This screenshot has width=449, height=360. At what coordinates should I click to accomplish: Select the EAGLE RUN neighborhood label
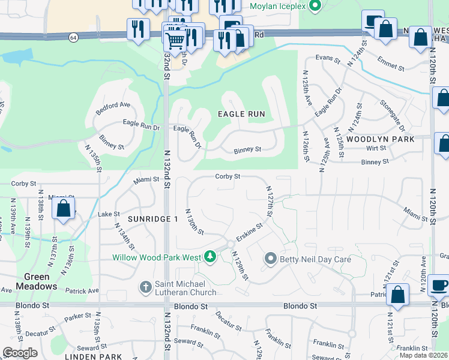(241, 114)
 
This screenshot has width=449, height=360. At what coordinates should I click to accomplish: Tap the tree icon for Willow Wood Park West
(209, 257)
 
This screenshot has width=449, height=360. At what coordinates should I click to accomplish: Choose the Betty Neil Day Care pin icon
(270, 259)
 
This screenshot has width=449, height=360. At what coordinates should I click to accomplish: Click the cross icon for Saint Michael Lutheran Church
(145, 287)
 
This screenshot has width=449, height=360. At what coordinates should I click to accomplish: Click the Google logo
(20, 353)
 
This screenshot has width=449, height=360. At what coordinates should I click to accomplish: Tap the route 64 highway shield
(73, 37)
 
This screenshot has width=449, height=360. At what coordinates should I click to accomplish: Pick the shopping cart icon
(175, 40)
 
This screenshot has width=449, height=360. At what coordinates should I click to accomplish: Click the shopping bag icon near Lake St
(63, 209)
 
